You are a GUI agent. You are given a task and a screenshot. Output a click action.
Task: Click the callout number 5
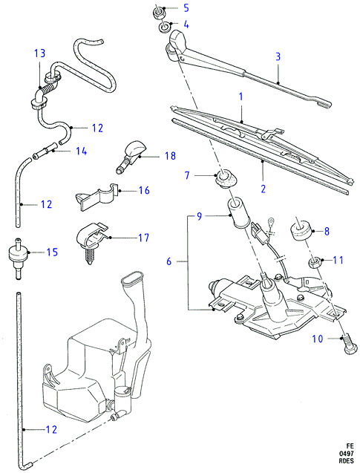click(x=186, y=8)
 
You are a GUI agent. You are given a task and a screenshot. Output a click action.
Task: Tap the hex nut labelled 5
click(x=158, y=13)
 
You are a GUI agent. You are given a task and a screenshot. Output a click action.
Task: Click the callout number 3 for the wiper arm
click(x=278, y=56)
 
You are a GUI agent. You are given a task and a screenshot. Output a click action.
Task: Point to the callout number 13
click(x=39, y=53)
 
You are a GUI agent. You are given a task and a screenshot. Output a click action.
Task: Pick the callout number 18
click(x=171, y=156)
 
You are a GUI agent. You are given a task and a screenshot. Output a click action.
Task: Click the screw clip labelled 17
click(x=92, y=240)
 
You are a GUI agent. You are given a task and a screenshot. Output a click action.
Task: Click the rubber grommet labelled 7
click(x=226, y=179)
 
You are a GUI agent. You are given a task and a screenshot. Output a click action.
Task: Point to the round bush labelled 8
click(x=301, y=232)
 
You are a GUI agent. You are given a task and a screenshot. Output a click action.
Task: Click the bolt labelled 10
click(x=349, y=345)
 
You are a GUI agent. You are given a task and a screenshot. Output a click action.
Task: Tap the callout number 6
click(x=168, y=261)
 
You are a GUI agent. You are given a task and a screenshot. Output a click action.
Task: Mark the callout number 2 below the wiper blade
click(x=264, y=189)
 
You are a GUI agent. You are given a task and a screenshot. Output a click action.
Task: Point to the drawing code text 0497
click(x=346, y=454)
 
